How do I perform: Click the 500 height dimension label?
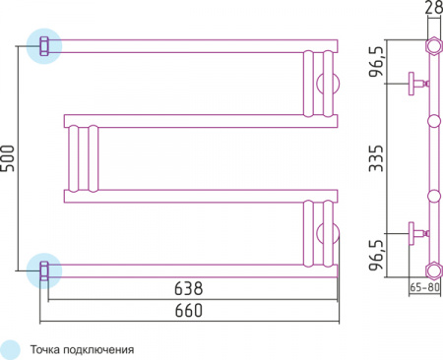(10, 157)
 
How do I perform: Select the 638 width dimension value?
(189, 289)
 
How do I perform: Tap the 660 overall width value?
(189, 311)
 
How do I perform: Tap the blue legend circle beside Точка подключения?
(11, 348)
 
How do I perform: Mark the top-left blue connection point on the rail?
(44, 44)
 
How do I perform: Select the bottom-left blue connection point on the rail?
(44, 267)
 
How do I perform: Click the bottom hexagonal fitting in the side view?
(432, 268)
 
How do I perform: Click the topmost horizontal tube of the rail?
(187, 44)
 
